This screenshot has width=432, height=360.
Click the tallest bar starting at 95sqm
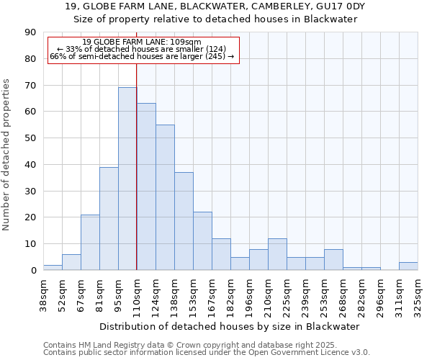[x=127, y=179]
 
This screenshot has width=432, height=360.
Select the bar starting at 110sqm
[x=146, y=186]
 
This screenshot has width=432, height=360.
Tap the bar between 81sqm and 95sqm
[x=109, y=218]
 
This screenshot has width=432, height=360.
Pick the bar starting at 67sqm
[x=90, y=242]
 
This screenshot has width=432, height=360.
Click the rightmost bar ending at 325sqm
[x=408, y=266]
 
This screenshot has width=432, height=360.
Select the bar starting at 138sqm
[x=184, y=221]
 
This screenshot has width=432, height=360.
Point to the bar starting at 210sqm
[x=277, y=254]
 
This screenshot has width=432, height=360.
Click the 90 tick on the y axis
[x=30, y=32]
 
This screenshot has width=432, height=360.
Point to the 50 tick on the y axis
[x=30, y=138]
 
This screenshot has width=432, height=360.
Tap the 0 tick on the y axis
[x=33, y=270]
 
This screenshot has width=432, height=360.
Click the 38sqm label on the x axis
[x=43, y=292]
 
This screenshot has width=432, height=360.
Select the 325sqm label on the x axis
[x=418, y=292]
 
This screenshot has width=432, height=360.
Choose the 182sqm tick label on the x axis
[x=230, y=292]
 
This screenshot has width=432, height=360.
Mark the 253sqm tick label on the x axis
[x=324, y=292]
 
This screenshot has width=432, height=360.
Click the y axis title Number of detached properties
[x=6, y=155]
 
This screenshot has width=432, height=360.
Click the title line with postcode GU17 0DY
[x=215, y=6]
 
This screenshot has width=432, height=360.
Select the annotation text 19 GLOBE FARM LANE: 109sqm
[x=142, y=42]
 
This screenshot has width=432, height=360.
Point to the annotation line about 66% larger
[x=142, y=56]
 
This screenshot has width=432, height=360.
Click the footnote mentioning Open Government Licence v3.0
[x=207, y=352]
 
